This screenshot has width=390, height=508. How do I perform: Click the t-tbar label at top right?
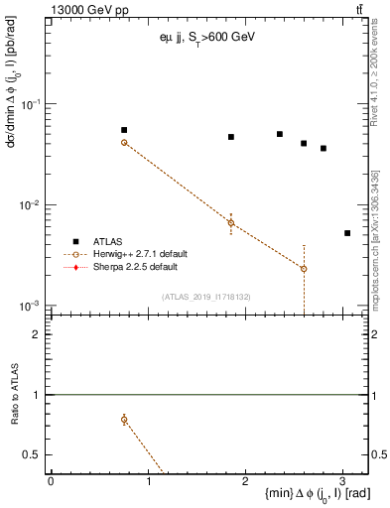tap(358, 9)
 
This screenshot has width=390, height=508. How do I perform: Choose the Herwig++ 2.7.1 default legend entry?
tap(134, 254)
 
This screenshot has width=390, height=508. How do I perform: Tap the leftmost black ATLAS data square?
tap(124, 130)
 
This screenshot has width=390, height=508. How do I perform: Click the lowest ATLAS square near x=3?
tap(347, 233)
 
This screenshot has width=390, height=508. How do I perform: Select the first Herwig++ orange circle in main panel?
tap(124, 143)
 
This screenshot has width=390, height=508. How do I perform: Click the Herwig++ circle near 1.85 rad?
tap(231, 223)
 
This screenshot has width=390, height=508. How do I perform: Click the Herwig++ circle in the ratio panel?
tap(124, 420)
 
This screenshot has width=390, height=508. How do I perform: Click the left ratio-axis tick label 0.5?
tap(33, 454)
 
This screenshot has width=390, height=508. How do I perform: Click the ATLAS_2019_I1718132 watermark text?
tap(205, 296)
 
